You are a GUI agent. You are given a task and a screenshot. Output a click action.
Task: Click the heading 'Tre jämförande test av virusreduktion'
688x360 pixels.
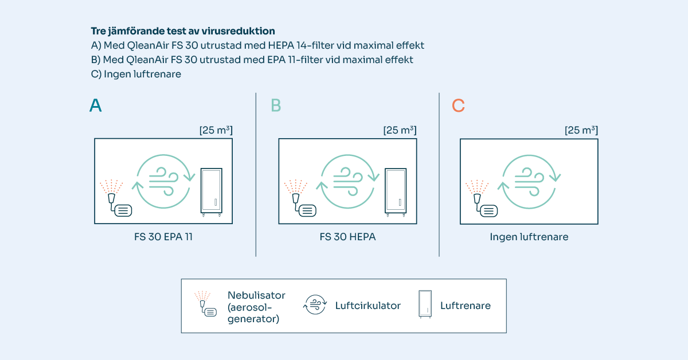point(183,31)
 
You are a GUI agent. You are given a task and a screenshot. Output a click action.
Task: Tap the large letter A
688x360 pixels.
point(96,105)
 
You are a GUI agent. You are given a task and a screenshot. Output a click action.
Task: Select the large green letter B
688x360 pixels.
point(276,105)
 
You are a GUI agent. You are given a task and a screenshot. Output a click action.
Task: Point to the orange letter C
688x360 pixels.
point(458,105)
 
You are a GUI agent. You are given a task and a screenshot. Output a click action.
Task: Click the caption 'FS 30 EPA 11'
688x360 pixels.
point(163,237)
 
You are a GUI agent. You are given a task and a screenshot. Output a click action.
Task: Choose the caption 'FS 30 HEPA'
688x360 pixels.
point(347,237)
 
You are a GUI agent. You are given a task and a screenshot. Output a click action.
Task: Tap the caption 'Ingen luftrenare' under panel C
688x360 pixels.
point(529,237)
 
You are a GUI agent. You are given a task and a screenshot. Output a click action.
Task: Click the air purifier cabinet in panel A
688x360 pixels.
point(212,192)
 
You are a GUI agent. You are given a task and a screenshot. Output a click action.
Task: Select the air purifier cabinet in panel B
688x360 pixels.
point(396,192)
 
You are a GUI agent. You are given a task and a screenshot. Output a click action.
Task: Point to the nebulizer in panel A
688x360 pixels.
point(116,198)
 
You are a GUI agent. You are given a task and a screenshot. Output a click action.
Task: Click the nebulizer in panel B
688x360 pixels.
point(300,198)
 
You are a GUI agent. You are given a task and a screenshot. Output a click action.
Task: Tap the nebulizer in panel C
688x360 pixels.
point(482,198)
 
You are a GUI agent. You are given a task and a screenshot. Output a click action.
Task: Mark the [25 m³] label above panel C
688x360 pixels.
point(581,130)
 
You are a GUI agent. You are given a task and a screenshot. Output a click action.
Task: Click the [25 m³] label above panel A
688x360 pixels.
point(216,130)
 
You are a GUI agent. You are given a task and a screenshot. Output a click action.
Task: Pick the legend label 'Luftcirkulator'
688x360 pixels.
point(368,306)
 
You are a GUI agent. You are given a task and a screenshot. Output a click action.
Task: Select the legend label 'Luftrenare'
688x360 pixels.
point(466,306)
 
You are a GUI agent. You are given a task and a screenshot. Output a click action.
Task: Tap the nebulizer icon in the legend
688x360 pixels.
point(205,304)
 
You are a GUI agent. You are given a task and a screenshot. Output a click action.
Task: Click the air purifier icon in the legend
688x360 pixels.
point(425,304)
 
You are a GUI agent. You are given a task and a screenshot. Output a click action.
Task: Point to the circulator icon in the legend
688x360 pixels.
point(315,305)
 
